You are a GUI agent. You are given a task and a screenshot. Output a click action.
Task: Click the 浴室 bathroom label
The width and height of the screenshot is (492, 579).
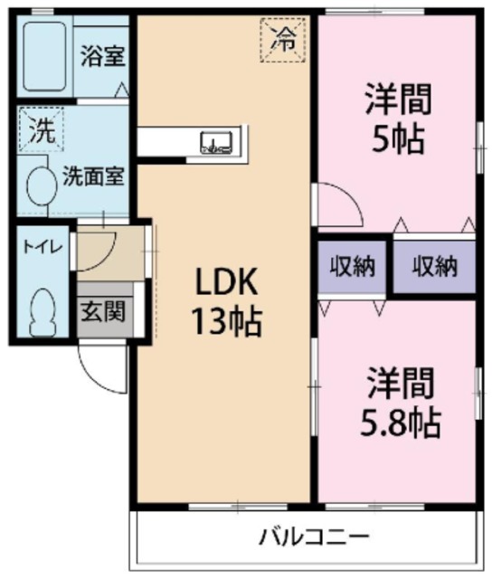(x=102, y=55)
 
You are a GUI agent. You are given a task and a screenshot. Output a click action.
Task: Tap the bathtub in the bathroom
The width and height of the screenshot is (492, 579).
(x=47, y=55)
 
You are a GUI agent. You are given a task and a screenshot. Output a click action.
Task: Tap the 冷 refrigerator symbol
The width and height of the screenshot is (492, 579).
(x=284, y=39)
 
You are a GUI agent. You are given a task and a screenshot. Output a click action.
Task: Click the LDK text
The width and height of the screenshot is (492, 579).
(x=226, y=285)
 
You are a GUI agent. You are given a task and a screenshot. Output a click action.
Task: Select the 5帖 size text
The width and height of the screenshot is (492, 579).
(x=397, y=139)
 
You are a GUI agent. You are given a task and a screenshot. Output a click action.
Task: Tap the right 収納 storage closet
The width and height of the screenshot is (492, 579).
(x=434, y=267)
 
